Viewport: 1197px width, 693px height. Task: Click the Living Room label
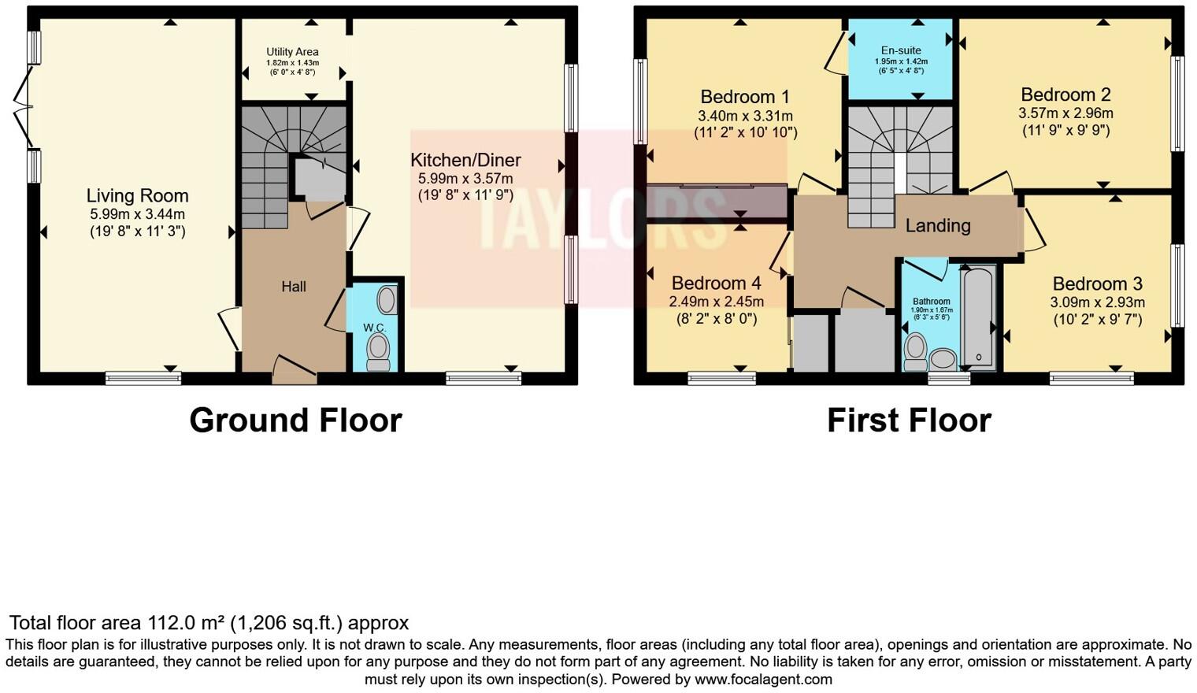point(137,196)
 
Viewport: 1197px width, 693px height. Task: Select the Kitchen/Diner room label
point(465,161)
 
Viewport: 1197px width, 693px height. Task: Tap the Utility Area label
point(292,52)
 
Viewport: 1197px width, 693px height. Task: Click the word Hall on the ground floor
point(294,287)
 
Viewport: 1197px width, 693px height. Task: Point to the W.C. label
point(374,327)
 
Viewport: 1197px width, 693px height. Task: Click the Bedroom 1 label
point(744,97)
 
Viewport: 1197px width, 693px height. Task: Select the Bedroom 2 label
point(1065,95)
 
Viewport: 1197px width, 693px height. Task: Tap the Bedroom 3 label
point(1097,284)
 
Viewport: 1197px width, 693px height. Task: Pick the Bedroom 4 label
point(716,283)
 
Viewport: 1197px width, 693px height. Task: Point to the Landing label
point(937,226)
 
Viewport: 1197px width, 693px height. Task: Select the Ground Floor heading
point(295,421)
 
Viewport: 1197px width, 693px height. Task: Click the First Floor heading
point(909,421)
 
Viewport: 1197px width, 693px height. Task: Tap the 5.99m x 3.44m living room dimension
point(137,214)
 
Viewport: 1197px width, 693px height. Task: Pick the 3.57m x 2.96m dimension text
point(1065,113)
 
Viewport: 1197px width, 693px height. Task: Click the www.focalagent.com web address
point(763,679)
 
